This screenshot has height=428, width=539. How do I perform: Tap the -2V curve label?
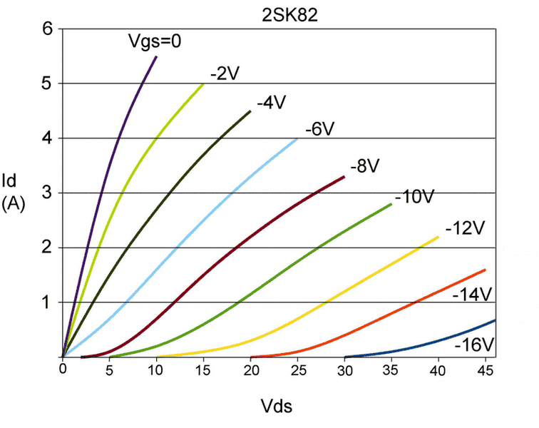[223, 72]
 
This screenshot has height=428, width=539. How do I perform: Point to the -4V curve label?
[270, 101]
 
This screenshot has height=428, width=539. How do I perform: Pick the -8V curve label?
[364, 166]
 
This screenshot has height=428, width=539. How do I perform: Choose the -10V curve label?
[414, 196]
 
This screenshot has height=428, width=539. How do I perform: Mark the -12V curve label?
[464, 228]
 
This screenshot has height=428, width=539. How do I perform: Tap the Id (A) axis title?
[14, 191]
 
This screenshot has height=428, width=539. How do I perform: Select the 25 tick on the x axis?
[297, 370]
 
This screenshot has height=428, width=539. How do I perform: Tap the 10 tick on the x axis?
[156, 370]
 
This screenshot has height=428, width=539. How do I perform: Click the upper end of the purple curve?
[156, 56]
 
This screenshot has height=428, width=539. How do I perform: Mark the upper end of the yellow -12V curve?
[438, 237]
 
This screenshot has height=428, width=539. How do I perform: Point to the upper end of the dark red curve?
[344, 176]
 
